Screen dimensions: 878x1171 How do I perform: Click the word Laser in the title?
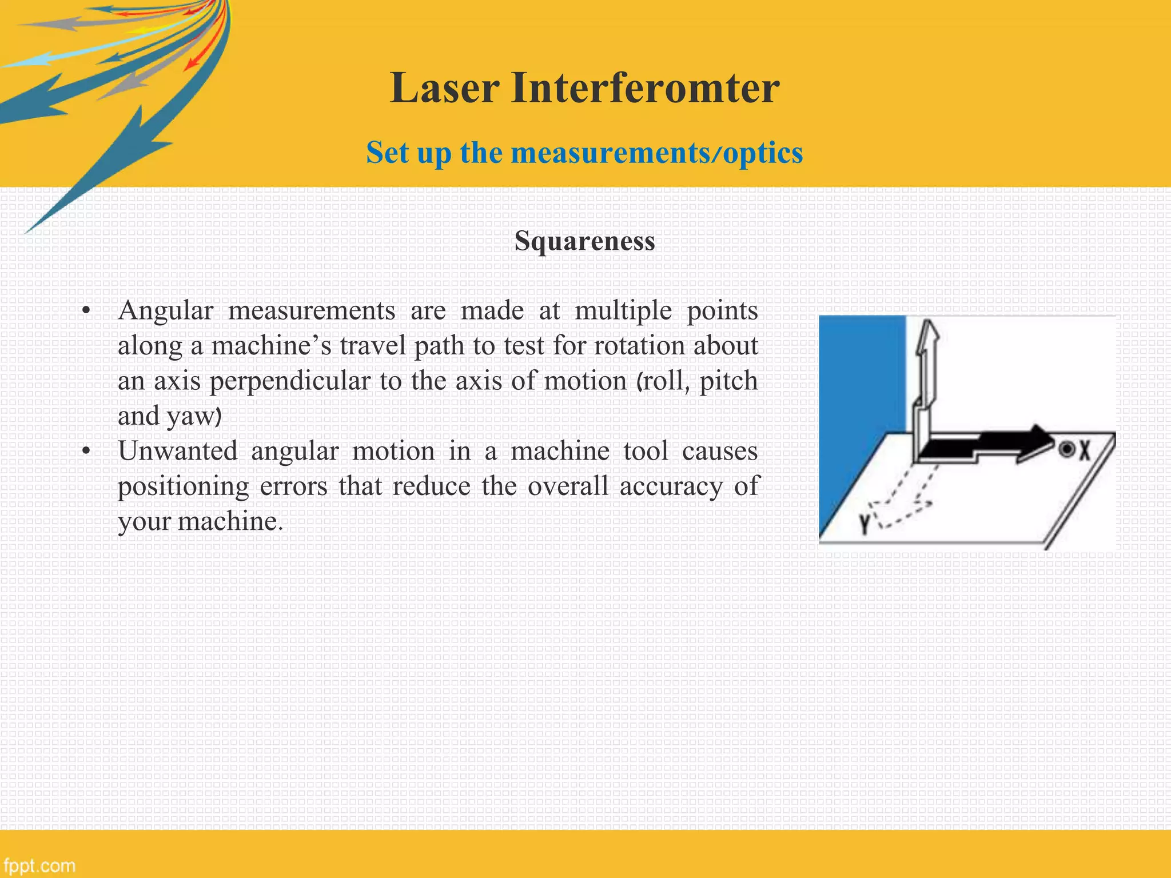pos(445,89)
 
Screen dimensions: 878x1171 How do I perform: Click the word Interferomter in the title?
pos(645,89)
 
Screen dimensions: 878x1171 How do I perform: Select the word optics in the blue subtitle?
pos(763,153)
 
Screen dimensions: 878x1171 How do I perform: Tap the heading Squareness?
pos(584,241)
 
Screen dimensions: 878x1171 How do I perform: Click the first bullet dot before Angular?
pos(86,312)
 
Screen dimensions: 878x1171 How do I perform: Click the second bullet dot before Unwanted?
pos(86,452)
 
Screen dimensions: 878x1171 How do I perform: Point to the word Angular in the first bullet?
pos(165,312)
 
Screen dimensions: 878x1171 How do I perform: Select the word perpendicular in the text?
pos(290,381)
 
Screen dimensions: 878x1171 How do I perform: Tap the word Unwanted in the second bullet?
pos(177,452)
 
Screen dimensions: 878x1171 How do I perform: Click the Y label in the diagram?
pos(864,523)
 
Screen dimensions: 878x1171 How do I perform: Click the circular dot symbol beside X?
pos(1066,449)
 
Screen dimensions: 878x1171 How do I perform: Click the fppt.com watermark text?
pos(39,865)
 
